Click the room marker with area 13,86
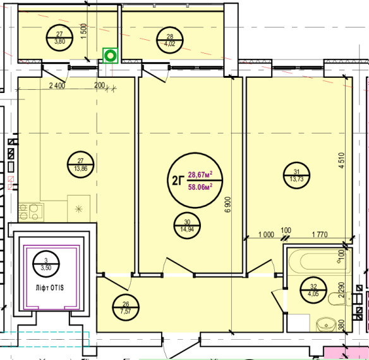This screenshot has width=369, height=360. pyautogui.click(x=80, y=164)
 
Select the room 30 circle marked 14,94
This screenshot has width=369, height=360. pyautogui.click(x=187, y=225)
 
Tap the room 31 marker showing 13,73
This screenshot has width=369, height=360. pyautogui.click(x=296, y=175)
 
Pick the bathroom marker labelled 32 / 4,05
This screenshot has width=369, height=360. pyautogui.click(x=313, y=290)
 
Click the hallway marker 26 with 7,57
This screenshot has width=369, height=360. pyautogui.click(x=126, y=307)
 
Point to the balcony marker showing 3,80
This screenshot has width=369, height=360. pyautogui.click(x=59, y=38)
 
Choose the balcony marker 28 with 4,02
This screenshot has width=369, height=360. pyautogui.click(x=170, y=40)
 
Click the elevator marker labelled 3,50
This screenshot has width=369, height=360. pyautogui.click(x=46, y=264)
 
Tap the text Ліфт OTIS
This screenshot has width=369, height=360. pyautogui.click(x=49, y=288)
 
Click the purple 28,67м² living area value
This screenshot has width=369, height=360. pyautogui.click(x=200, y=175)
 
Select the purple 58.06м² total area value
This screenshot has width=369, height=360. pyautogui.click(x=200, y=187)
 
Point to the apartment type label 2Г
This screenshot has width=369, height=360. pyautogui.click(x=178, y=181)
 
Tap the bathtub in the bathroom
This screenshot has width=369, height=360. pyautogui.click(x=319, y=261)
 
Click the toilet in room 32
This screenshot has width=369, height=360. pyautogui.click(x=339, y=299)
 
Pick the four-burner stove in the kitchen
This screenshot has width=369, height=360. pyautogui.click(x=31, y=212)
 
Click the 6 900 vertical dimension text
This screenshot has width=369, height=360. pyautogui.click(x=228, y=204)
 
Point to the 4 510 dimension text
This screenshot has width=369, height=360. pyautogui.click(x=342, y=160)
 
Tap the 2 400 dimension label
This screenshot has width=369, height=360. pyautogui.click(x=57, y=85)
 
